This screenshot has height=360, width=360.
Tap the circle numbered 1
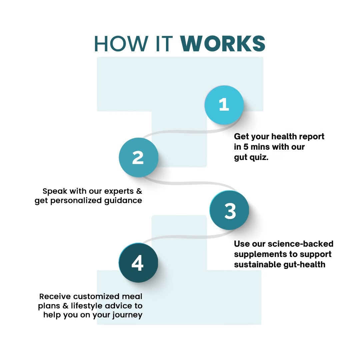pyautogui.click(x=224, y=105)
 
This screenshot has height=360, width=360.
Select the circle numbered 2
pyautogui.click(x=138, y=157)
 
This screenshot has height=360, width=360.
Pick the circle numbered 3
pyautogui.click(x=229, y=211)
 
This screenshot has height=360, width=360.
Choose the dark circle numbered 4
pyautogui.click(x=138, y=263)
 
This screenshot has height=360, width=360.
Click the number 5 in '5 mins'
pyautogui.click(x=246, y=147)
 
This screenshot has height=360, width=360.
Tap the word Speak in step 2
pyautogui.click(x=55, y=191)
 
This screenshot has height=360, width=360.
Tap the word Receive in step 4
pyautogui.click(x=55, y=296)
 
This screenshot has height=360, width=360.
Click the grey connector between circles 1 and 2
pyautogui.click(x=180, y=132)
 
